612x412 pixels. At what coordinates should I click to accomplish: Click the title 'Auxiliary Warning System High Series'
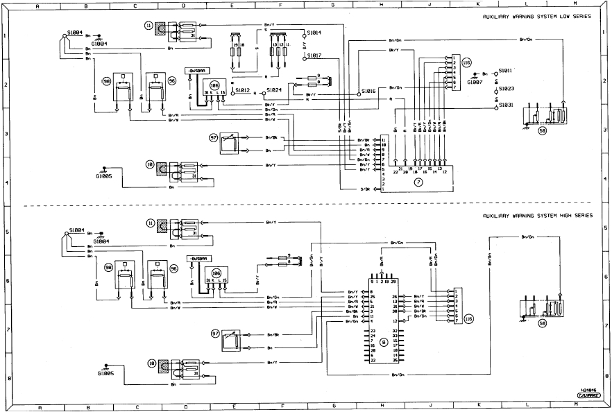coord(538,216)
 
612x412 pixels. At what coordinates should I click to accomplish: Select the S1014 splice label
coord(314,33)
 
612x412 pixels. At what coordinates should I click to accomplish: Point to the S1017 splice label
coord(314,55)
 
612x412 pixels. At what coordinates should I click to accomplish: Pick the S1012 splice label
coord(242,89)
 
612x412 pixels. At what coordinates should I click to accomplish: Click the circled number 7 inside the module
coord(418,182)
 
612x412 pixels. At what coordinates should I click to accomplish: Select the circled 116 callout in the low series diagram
coord(466,62)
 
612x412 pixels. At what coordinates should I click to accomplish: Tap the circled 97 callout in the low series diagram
coord(213,138)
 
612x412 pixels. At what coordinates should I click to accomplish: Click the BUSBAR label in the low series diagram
coord(194,71)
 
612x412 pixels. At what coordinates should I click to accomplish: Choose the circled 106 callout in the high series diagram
coord(216,273)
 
